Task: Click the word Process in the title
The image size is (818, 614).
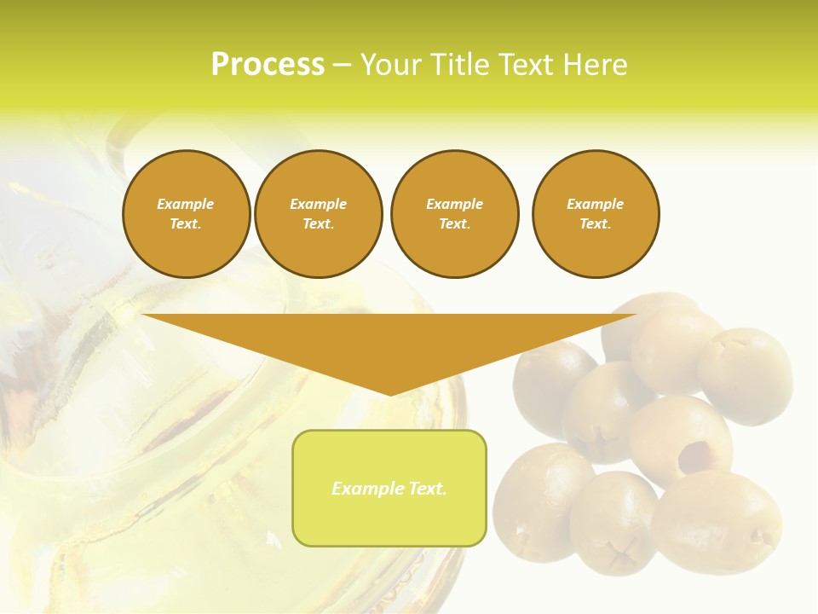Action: tap(268, 65)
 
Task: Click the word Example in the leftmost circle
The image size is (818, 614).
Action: tap(186, 204)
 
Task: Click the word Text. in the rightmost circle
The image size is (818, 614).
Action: tap(596, 223)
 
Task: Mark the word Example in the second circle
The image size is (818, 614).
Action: tap(318, 204)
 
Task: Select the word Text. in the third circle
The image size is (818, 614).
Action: tap(454, 223)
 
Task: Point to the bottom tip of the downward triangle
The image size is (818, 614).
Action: tap(390, 393)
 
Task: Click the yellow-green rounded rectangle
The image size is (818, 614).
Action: tap(389, 520)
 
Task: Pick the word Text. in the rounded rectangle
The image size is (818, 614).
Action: tap(428, 489)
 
